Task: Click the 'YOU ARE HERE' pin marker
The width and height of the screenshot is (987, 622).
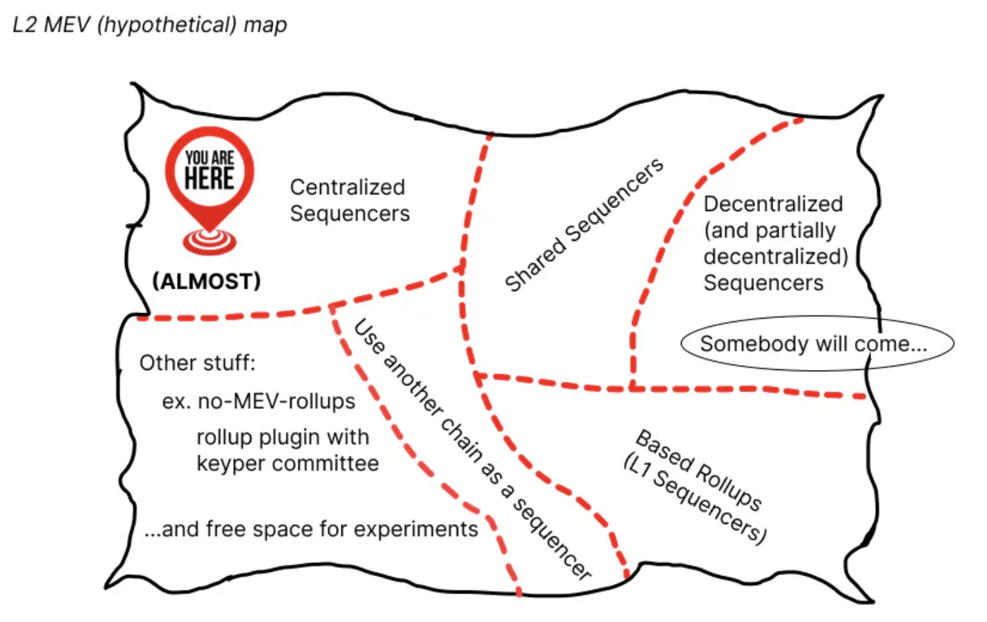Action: (x=209, y=171)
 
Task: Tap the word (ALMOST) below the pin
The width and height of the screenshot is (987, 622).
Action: (x=207, y=281)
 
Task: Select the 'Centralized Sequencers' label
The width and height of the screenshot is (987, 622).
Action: (x=349, y=200)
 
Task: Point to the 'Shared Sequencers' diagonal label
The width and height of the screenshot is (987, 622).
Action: (x=584, y=225)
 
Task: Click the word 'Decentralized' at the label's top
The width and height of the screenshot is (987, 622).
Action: (x=773, y=203)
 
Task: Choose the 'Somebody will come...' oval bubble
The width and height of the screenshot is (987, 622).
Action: (x=816, y=344)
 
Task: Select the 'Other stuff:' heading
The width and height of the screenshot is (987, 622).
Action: (x=197, y=362)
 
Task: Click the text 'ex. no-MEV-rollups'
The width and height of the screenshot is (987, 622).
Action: (x=258, y=401)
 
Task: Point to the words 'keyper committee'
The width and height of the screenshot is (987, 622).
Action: (x=287, y=463)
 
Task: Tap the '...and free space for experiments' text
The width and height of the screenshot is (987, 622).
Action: (x=311, y=529)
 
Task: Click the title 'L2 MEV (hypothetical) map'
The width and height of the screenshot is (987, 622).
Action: (x=150, y=25)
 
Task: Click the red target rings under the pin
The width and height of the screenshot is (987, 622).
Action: (x=209, y=240)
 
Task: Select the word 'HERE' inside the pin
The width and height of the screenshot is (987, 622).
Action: (x=209, y=178)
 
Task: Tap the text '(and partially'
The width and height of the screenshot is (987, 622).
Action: (x=769, y=230)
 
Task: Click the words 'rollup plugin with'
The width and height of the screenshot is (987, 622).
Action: (x=282, y=437)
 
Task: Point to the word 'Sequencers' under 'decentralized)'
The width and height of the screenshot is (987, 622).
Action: (x=764, y=283)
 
